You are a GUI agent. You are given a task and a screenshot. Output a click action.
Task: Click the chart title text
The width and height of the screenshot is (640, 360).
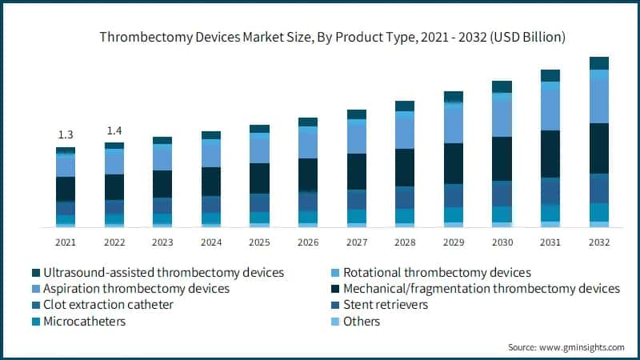332,37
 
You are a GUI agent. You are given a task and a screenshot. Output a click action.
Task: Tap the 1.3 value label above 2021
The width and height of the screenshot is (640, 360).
66,134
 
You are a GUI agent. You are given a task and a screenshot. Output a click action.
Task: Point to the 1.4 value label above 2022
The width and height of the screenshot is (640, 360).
114,130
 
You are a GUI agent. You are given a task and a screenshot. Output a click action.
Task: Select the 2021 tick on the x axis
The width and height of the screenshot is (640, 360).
66,242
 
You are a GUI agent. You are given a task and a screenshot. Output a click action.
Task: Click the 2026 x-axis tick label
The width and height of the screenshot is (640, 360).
308,242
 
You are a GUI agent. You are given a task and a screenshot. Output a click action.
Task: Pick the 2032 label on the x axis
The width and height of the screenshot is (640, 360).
598,242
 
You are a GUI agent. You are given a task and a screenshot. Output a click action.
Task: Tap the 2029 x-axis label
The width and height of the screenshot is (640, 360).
454,242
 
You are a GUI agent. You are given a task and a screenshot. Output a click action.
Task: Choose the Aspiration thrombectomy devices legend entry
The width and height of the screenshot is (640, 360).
136,288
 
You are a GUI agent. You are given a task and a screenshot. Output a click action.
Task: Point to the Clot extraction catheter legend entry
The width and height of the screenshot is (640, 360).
107,305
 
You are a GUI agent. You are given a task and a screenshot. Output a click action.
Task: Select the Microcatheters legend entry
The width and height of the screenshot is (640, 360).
85,321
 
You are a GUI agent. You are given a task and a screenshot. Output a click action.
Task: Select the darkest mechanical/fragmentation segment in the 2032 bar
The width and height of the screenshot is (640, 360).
598,148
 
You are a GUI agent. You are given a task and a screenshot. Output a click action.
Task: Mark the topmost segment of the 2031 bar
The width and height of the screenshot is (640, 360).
550,75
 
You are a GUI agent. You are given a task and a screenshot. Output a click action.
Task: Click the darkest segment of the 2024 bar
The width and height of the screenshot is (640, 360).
211,181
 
